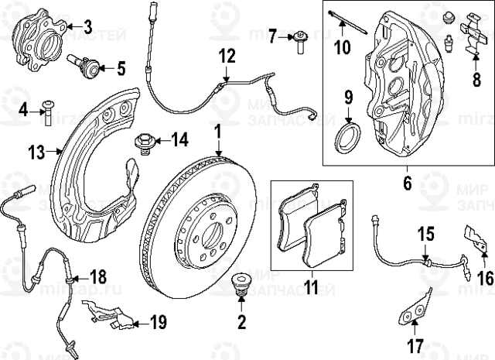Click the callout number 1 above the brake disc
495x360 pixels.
(218, 131)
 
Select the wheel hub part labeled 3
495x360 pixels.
(43, 46)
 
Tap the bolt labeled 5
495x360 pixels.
(86, 67)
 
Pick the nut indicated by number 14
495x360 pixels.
(144, 140)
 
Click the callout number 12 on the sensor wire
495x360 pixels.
(226, 56)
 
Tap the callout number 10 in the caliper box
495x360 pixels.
(341, 47)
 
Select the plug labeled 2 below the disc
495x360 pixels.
(241, 283)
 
